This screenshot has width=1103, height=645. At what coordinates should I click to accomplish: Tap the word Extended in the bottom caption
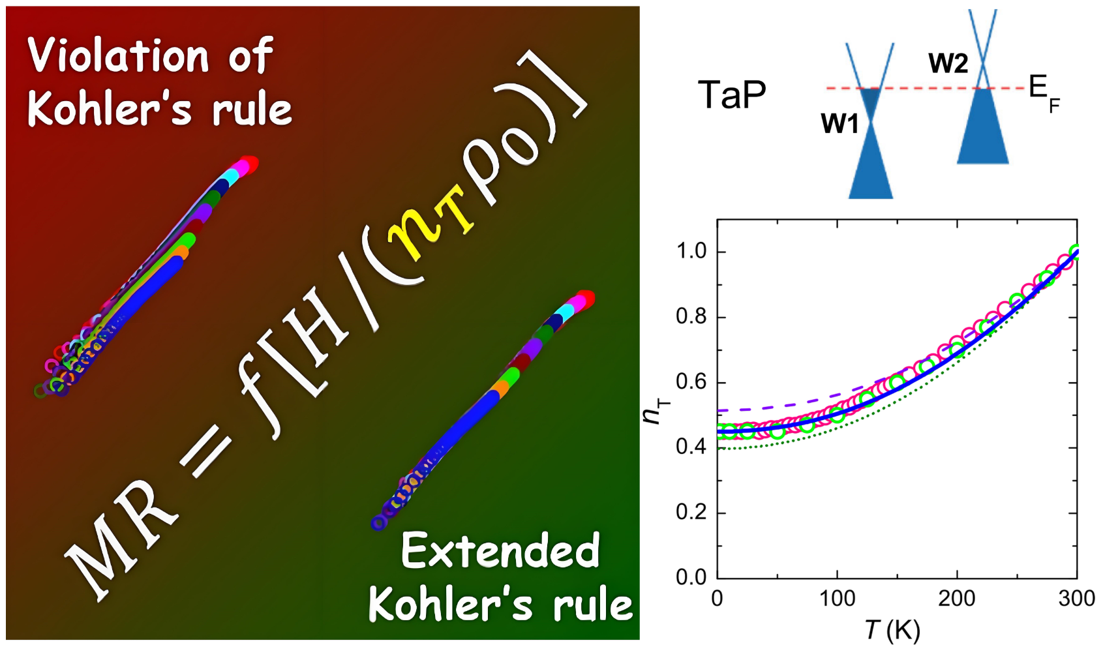501,551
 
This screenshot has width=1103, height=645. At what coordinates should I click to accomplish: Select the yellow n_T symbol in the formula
431,222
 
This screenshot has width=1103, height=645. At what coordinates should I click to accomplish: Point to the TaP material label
733,95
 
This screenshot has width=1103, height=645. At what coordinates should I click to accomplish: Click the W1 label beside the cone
839,123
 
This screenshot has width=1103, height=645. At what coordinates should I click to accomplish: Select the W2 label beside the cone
948,63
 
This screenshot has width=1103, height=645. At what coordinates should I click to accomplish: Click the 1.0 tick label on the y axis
692,252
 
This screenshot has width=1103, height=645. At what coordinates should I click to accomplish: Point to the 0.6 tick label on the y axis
692,383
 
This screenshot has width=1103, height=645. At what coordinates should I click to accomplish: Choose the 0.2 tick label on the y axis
692,513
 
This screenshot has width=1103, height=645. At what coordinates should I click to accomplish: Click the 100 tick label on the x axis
837,599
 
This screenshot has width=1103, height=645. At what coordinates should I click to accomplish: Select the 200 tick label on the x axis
957,599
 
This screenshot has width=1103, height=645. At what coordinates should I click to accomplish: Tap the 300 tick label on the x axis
1076,599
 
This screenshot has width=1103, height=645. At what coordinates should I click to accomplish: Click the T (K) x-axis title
893,630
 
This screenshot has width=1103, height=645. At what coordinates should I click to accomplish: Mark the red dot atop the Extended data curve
585,299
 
